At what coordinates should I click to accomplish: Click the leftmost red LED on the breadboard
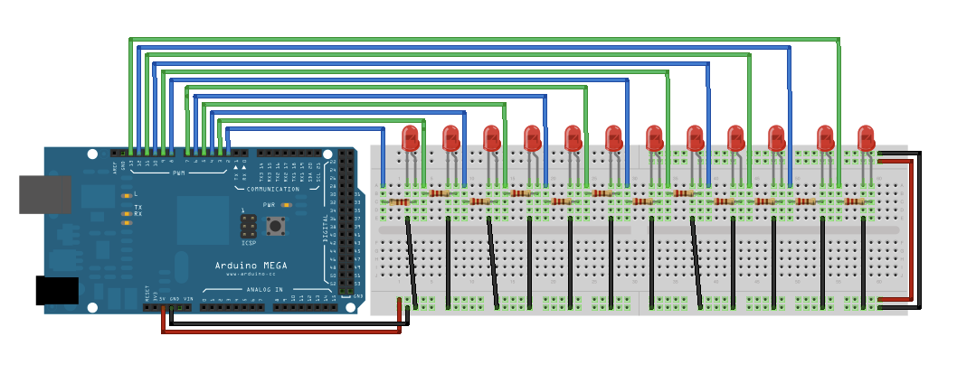pyautogui.click(x=410, y=138)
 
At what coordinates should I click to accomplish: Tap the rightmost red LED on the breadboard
pyautogui.click(x=866, y=138)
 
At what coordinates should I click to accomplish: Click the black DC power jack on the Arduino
pyautogui.click(x=57, y=290)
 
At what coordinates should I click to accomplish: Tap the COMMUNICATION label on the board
pyautogui.click(x=272, y=189)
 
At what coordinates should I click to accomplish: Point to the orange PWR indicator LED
pyautogui.click(x=287, y=206)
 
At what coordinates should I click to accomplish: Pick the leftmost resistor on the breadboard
pyautogui.click(x=399, y=201)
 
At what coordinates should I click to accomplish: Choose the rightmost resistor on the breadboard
pyautogui.click(x=854, y=201)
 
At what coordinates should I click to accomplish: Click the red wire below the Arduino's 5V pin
pyautogui.click(x=164, y=322)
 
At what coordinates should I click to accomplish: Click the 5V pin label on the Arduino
pyautogui.click(x=164, y=298)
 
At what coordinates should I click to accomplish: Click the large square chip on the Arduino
pyautogui.click(x=203, y=220)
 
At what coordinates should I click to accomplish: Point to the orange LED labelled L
pyautogui.click(x=126, y=195)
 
